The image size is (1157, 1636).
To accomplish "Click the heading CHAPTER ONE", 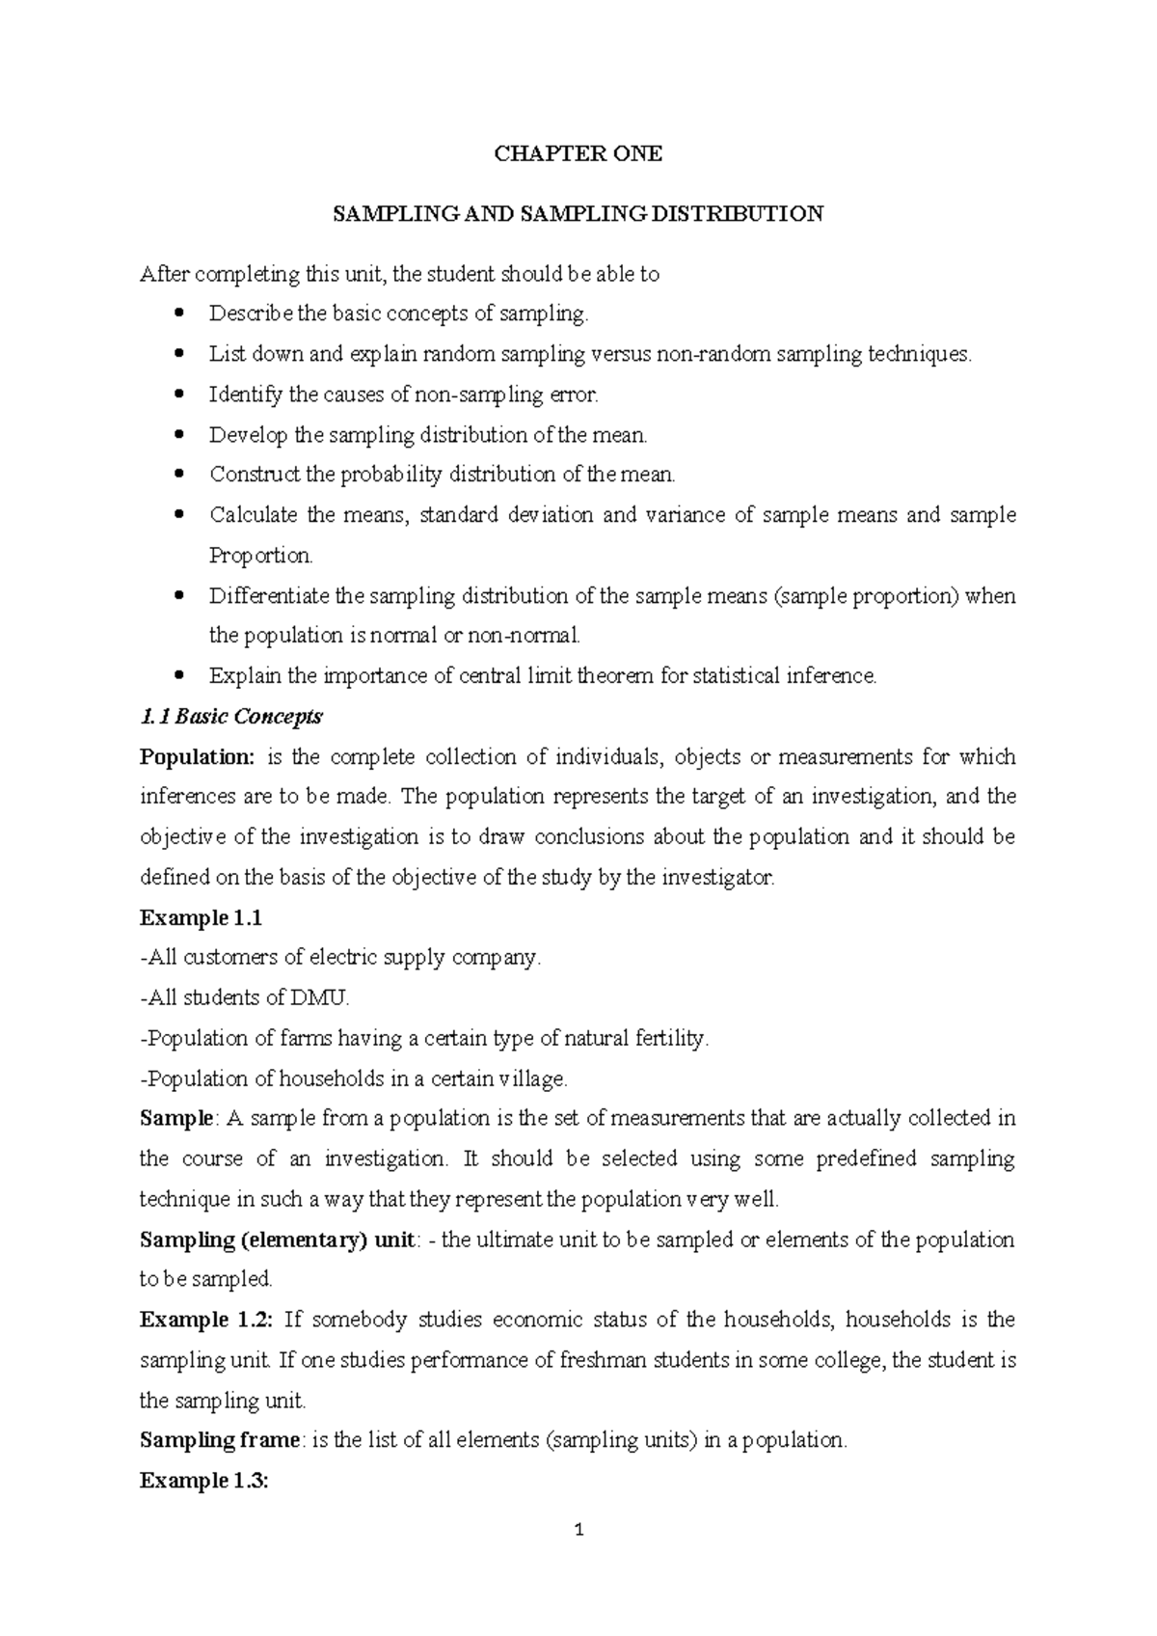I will tap(578, 154).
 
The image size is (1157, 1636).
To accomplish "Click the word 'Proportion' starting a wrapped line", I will tap(259, 556).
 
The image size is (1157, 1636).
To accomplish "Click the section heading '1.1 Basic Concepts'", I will tap(231, 717).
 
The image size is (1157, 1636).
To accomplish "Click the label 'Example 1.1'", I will tap(201, 917).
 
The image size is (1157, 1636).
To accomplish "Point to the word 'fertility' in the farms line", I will tap(671, 1039).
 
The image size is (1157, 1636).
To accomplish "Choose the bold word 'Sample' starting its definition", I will tap(175, 1119).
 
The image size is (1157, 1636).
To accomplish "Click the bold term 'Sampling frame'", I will tap(220, 1440).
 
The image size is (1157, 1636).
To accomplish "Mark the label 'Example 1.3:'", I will tap(203, 1481).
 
